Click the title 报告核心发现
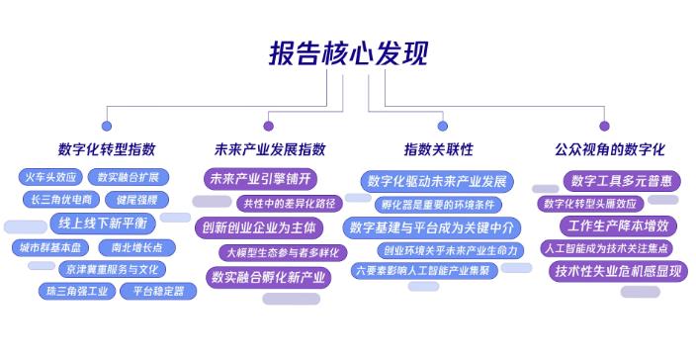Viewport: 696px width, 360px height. coord(348,52)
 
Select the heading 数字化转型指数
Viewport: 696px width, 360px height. coord(107,149)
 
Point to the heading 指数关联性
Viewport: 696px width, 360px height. coord(438,149)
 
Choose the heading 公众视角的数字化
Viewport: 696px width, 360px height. coord(603,149)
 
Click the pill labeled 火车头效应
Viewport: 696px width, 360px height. coord(49,178)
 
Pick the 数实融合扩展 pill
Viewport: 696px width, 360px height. coord(129,178)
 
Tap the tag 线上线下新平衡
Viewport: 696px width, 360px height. coord(102,222)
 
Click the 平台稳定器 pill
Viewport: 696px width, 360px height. coord(152,291)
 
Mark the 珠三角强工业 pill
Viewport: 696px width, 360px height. coord(74,291)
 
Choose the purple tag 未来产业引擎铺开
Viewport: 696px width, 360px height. coord(261,179)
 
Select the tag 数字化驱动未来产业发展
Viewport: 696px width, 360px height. coord(436,181)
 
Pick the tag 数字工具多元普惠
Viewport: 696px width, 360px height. coord(622,180)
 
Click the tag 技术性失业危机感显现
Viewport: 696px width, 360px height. coord(619,270)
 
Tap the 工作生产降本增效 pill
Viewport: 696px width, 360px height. coord(622,225)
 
